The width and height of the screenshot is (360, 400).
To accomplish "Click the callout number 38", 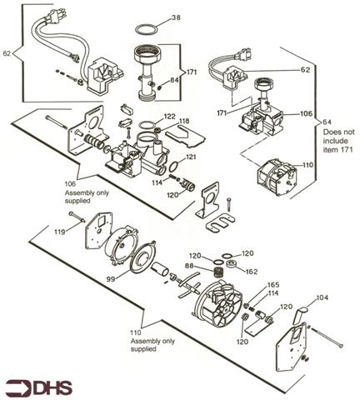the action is pos(176,17).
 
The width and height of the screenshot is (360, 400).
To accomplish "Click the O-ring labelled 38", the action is pos(147,29).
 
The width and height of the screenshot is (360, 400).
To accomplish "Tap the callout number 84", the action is pos(174,80).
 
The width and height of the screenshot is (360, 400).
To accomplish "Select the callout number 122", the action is pos(171,116).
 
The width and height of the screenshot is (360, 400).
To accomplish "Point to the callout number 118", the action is pos(184,121).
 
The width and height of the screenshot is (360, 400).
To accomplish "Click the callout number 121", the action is pos(191,157).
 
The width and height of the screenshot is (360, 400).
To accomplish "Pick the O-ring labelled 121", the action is pos(175,167).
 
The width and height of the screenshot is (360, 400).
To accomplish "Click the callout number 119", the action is pos(60,232).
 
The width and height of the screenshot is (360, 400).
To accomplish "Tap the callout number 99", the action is pos(111,279).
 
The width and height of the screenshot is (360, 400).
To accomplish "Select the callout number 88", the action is pos(190,266).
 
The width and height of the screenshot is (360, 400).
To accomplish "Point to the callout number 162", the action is pos(252,272).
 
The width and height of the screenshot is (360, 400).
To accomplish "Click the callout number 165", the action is pos(273,285).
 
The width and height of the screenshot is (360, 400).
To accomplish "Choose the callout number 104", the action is pos(322,297).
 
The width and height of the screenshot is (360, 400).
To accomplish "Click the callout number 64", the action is pos(327,122).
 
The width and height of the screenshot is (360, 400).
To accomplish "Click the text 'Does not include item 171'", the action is pos(339,141).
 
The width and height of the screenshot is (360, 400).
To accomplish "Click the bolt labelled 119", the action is pos(77,217).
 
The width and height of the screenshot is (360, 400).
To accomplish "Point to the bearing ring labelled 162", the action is pos(231,263).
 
